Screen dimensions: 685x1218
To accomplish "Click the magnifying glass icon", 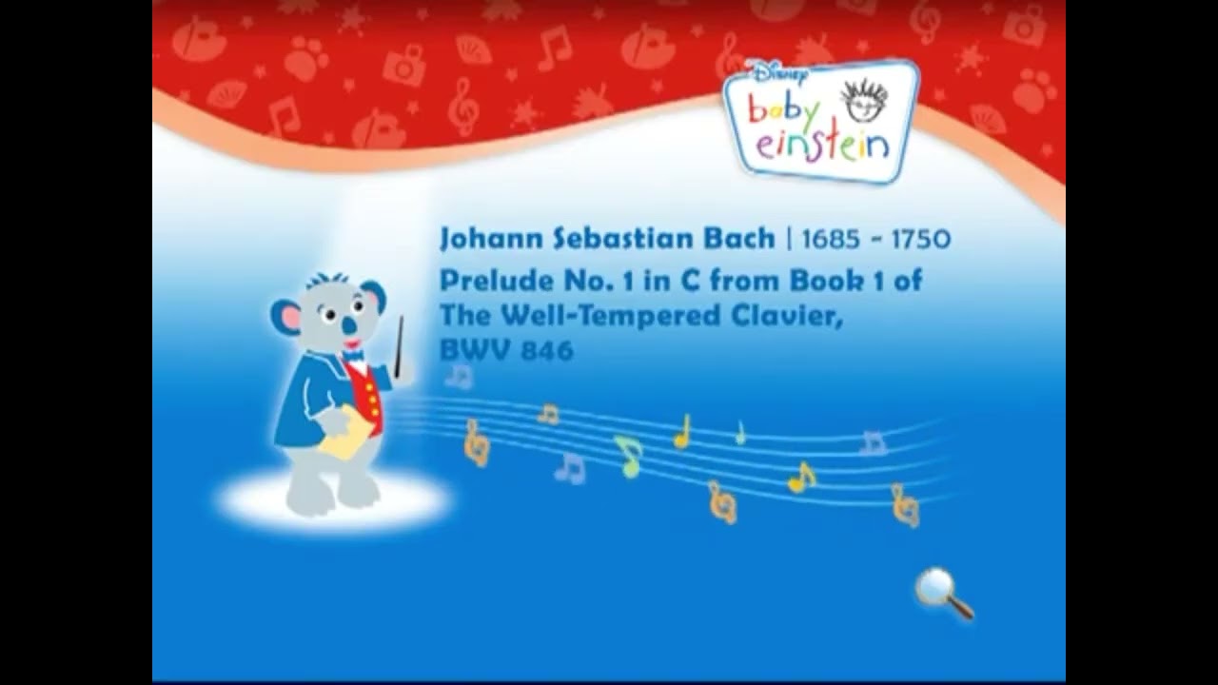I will coord(943,592).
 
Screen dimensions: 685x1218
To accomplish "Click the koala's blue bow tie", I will coord(354,357).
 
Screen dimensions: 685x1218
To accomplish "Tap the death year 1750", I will coord(920,239).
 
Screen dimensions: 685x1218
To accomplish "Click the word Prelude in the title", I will coord(483,282).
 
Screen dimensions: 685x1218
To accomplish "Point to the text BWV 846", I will coord(506,350).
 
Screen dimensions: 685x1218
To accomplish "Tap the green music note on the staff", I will coord(629,455).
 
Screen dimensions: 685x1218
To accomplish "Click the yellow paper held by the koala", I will coord(344,436).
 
